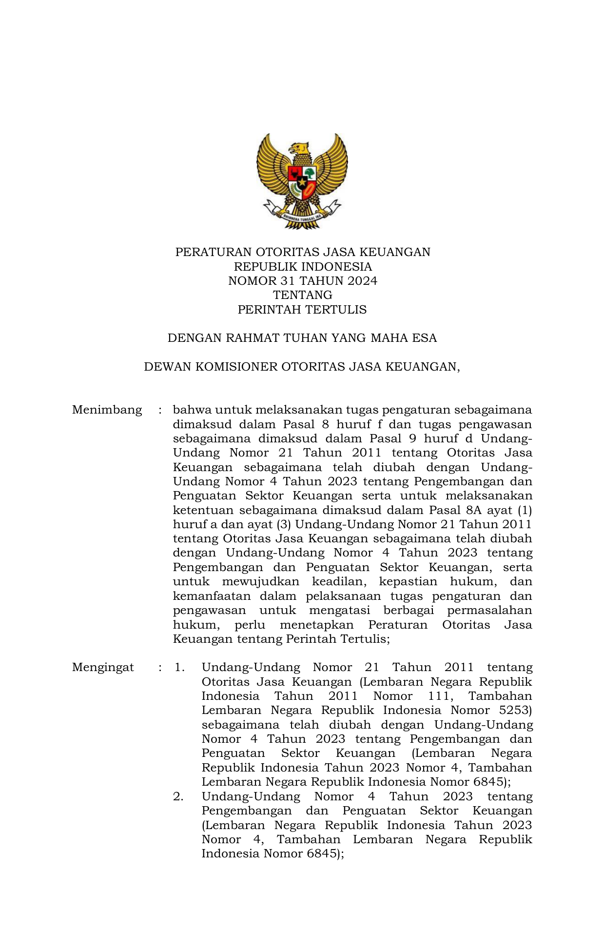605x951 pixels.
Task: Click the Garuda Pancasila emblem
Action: (302, 180)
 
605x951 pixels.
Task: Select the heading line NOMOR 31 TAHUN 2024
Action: (302, 281)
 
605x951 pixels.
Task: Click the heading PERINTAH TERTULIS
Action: (302, 310)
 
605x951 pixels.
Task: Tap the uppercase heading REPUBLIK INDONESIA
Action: (302, 267)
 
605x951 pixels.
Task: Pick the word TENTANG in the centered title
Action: (302, 295)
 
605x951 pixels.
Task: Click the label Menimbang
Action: (107, 410)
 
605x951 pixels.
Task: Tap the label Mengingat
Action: (103, 667)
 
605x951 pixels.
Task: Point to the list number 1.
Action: (179, 667)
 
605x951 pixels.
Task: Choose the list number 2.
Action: (178, 796)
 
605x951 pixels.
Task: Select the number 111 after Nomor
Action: (440, 696)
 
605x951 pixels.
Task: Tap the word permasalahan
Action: (489, 610)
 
